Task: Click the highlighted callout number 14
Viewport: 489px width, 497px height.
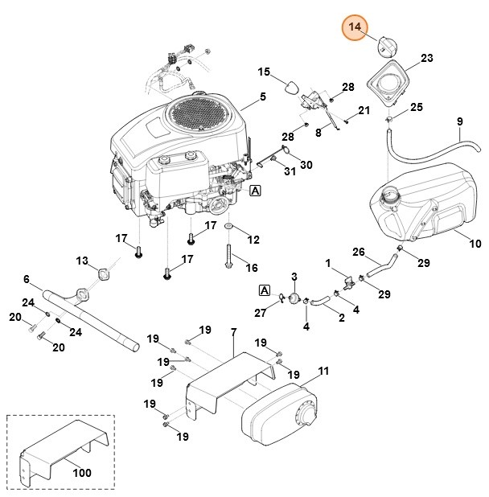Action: click(354, 28)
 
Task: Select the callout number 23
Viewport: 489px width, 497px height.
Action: click(426, 58)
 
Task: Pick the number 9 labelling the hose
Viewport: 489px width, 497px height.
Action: click(459, 121)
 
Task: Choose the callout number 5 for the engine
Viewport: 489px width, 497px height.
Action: click(262, 98)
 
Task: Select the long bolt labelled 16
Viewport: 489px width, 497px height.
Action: click(228, 258)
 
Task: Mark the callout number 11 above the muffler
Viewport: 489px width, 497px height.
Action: click(323, 371)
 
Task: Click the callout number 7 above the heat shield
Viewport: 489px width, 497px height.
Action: click(233, 332)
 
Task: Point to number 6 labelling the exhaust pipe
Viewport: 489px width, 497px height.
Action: click(27, 279)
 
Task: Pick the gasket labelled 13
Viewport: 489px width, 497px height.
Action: click(102, 274)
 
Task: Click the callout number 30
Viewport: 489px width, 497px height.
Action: click(306, 165)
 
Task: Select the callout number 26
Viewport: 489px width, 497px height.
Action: click(359, 252)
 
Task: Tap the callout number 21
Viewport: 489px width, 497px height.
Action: click(364, 110)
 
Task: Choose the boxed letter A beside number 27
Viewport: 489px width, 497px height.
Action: click(263, 290)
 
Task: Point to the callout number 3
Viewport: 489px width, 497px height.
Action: click(294, 277)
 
